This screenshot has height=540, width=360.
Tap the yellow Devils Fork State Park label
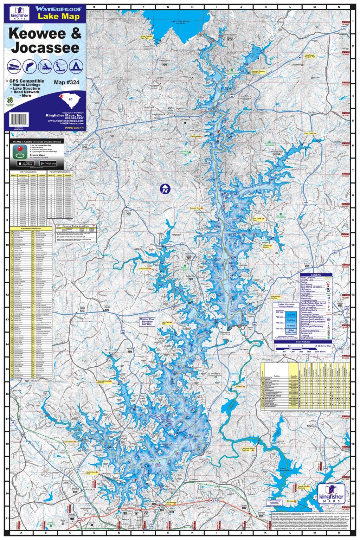click(x=147, y=37)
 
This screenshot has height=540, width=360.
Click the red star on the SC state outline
click(x=60, y=96)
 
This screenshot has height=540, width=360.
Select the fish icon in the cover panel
click(x=30, y=66)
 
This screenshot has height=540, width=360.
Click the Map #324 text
click(x=66, y=83)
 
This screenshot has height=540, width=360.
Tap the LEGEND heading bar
click(x=316, y=275)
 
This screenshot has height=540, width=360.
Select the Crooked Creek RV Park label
click(x=103, y=382)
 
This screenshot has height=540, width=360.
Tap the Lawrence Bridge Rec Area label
click(x=248, y=450)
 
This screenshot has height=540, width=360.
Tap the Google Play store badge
click(x=48, y=163)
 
